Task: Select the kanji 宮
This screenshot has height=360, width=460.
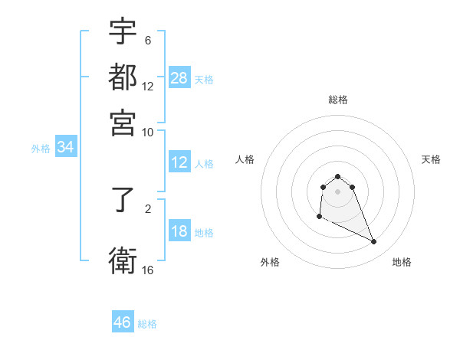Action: point(123,123)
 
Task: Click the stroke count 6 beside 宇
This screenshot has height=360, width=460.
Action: point(148,41)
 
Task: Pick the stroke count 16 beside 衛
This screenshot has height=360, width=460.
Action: point(148,270)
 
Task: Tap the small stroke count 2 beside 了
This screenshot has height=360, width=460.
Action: point(148,207)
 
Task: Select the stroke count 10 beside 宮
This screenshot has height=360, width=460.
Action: point(148,132)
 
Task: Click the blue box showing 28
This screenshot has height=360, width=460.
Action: point(179,78)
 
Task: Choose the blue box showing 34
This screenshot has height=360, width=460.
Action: point(65,148)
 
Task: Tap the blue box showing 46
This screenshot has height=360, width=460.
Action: point(123,322)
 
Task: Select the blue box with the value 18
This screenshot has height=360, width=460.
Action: point(179,232)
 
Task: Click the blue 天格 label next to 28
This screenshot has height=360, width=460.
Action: point(204,80)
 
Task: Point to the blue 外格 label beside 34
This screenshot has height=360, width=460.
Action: point(41,149)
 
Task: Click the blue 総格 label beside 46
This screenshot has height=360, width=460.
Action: point(147,324)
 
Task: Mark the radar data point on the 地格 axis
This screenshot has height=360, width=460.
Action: point(374,242)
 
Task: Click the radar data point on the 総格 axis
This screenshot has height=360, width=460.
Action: point(337,177)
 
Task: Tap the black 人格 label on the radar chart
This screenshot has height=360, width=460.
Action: point(245,159)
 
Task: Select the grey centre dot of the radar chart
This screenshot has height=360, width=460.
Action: point(337,191)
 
